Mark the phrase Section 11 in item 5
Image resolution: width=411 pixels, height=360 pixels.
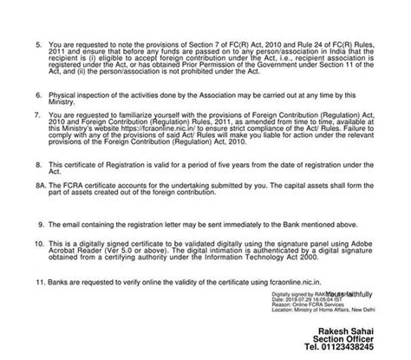point(331,63)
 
